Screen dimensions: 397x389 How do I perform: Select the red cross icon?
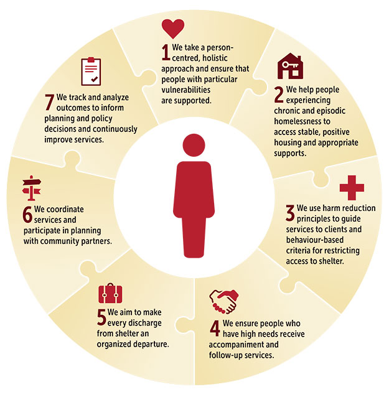[352, 188]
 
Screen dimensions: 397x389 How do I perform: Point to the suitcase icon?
[111, 294]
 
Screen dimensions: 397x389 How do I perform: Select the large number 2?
[279, 94]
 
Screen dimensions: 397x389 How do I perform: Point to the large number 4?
[214, 329]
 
